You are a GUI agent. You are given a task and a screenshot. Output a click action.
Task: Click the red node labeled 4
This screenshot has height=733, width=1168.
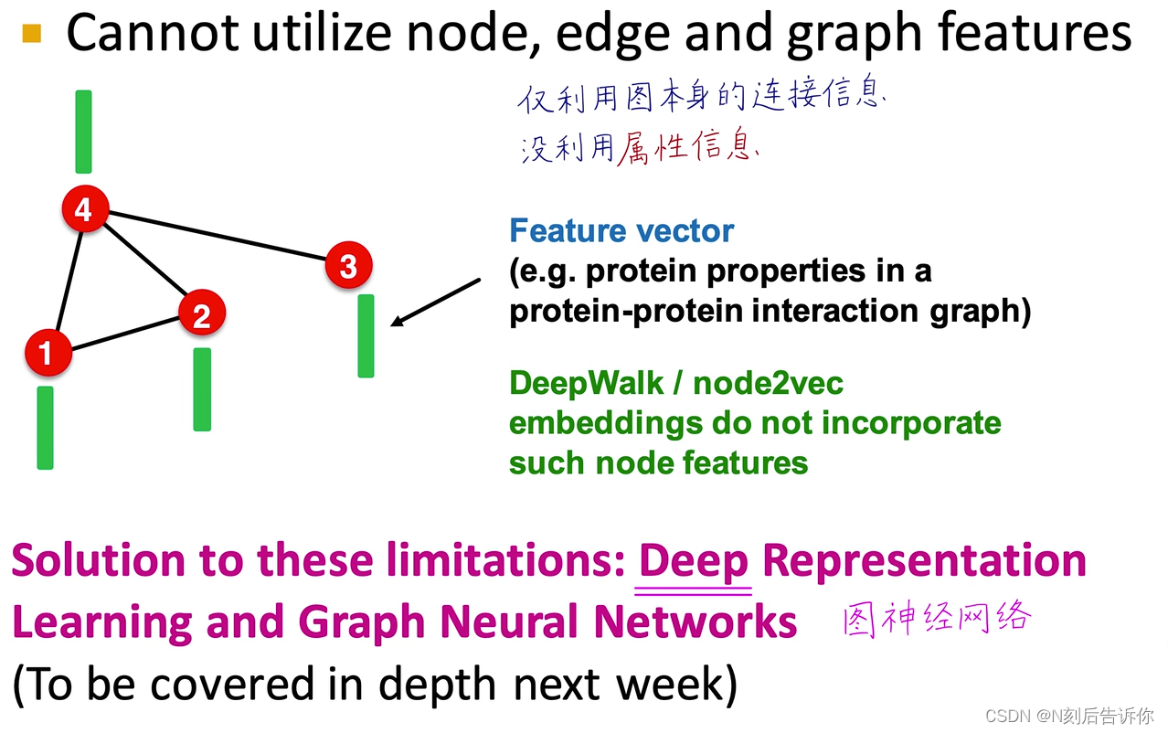click(x=83, y=210)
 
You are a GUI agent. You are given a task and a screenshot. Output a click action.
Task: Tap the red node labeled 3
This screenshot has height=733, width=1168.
click(x=348, y=267)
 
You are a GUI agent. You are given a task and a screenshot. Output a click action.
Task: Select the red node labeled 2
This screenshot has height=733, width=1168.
click(x=201, y=315)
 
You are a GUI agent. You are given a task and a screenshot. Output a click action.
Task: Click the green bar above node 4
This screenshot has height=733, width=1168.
click(x=83, y=132)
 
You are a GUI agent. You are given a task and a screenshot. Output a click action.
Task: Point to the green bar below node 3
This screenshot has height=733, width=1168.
click(x=366, y=335)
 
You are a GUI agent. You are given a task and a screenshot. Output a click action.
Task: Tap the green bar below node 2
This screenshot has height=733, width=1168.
click(x=202, y=388)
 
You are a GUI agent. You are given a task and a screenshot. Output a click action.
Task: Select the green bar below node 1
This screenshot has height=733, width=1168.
click(x=45, y=428)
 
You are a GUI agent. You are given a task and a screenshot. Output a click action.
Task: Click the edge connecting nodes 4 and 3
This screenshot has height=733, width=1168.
click(x=216, y=238)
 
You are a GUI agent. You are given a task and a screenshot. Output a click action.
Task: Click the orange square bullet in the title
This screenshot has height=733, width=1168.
click(x=32, y=35)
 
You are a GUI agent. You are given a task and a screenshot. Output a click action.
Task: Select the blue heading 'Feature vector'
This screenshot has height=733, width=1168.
click(x=621, y=230)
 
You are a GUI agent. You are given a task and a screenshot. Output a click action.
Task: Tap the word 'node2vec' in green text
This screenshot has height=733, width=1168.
click(x=768, y=383)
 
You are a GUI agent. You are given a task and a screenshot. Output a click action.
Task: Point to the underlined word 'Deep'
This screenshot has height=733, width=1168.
click(x=694, y=560)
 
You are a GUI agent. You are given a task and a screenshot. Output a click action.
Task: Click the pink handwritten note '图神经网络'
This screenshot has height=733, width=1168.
click(x=937, y=619)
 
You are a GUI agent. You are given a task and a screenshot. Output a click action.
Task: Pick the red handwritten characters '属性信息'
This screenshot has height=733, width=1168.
click(x=687, y=146)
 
